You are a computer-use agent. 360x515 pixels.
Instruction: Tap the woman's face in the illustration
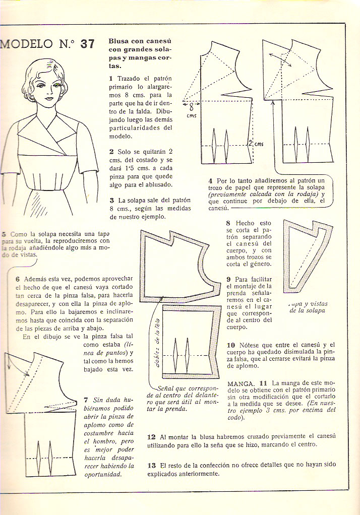coord(48,91)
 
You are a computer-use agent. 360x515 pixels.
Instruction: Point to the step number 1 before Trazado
coord(111,79)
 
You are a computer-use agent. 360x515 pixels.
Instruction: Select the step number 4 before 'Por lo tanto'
coord(210,180)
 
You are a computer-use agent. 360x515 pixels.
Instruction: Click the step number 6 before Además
coord(18,279)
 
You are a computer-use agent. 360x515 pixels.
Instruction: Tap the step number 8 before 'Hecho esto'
coord(228,223)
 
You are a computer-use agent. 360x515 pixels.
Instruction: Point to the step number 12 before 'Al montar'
coord(151,436)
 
